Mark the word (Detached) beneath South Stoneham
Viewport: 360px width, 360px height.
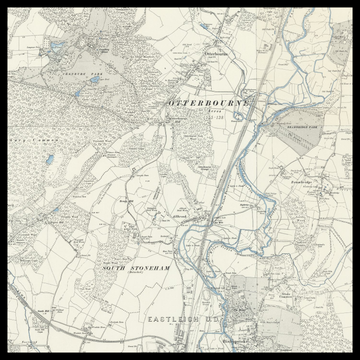[136, 278]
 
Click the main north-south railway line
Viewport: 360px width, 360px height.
[226, 150]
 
